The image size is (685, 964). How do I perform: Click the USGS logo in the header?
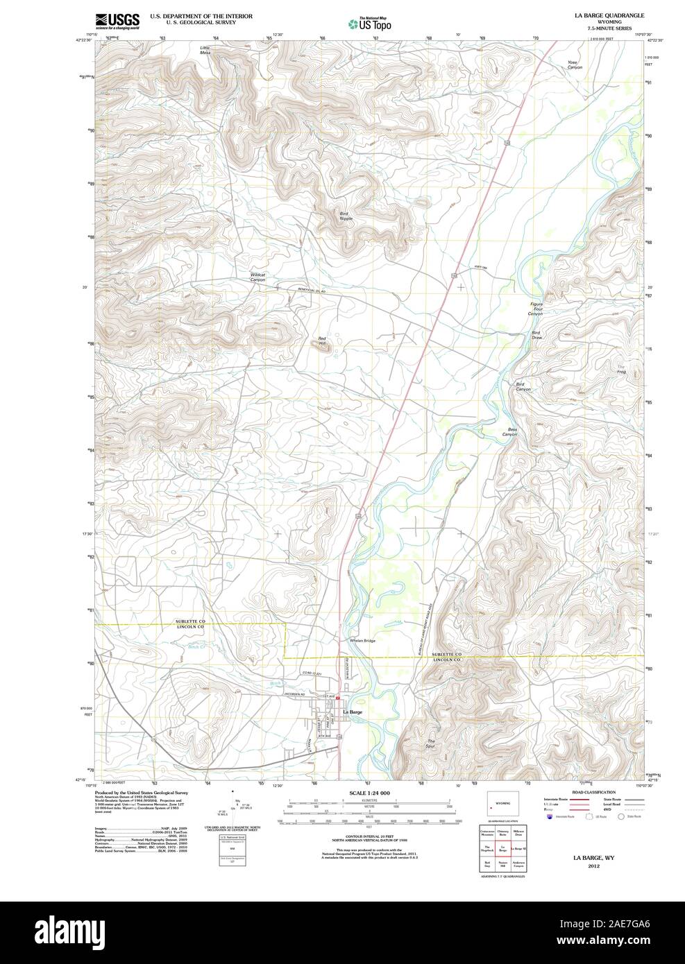coord(117,20)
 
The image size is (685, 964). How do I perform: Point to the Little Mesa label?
coord(205,49)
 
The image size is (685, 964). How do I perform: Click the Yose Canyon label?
coord(573,64)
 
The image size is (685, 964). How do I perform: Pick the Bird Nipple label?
coord(346,216)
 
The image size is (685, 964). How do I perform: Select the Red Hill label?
coord(322,341)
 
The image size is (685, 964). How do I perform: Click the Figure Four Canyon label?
coord(535,309)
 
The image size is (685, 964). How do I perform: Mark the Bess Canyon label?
coord(511,432)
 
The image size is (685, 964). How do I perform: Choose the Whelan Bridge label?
coord(362,640)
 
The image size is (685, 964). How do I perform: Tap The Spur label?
coord(431,743)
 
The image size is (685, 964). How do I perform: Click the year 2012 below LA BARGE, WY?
coord(593,866)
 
